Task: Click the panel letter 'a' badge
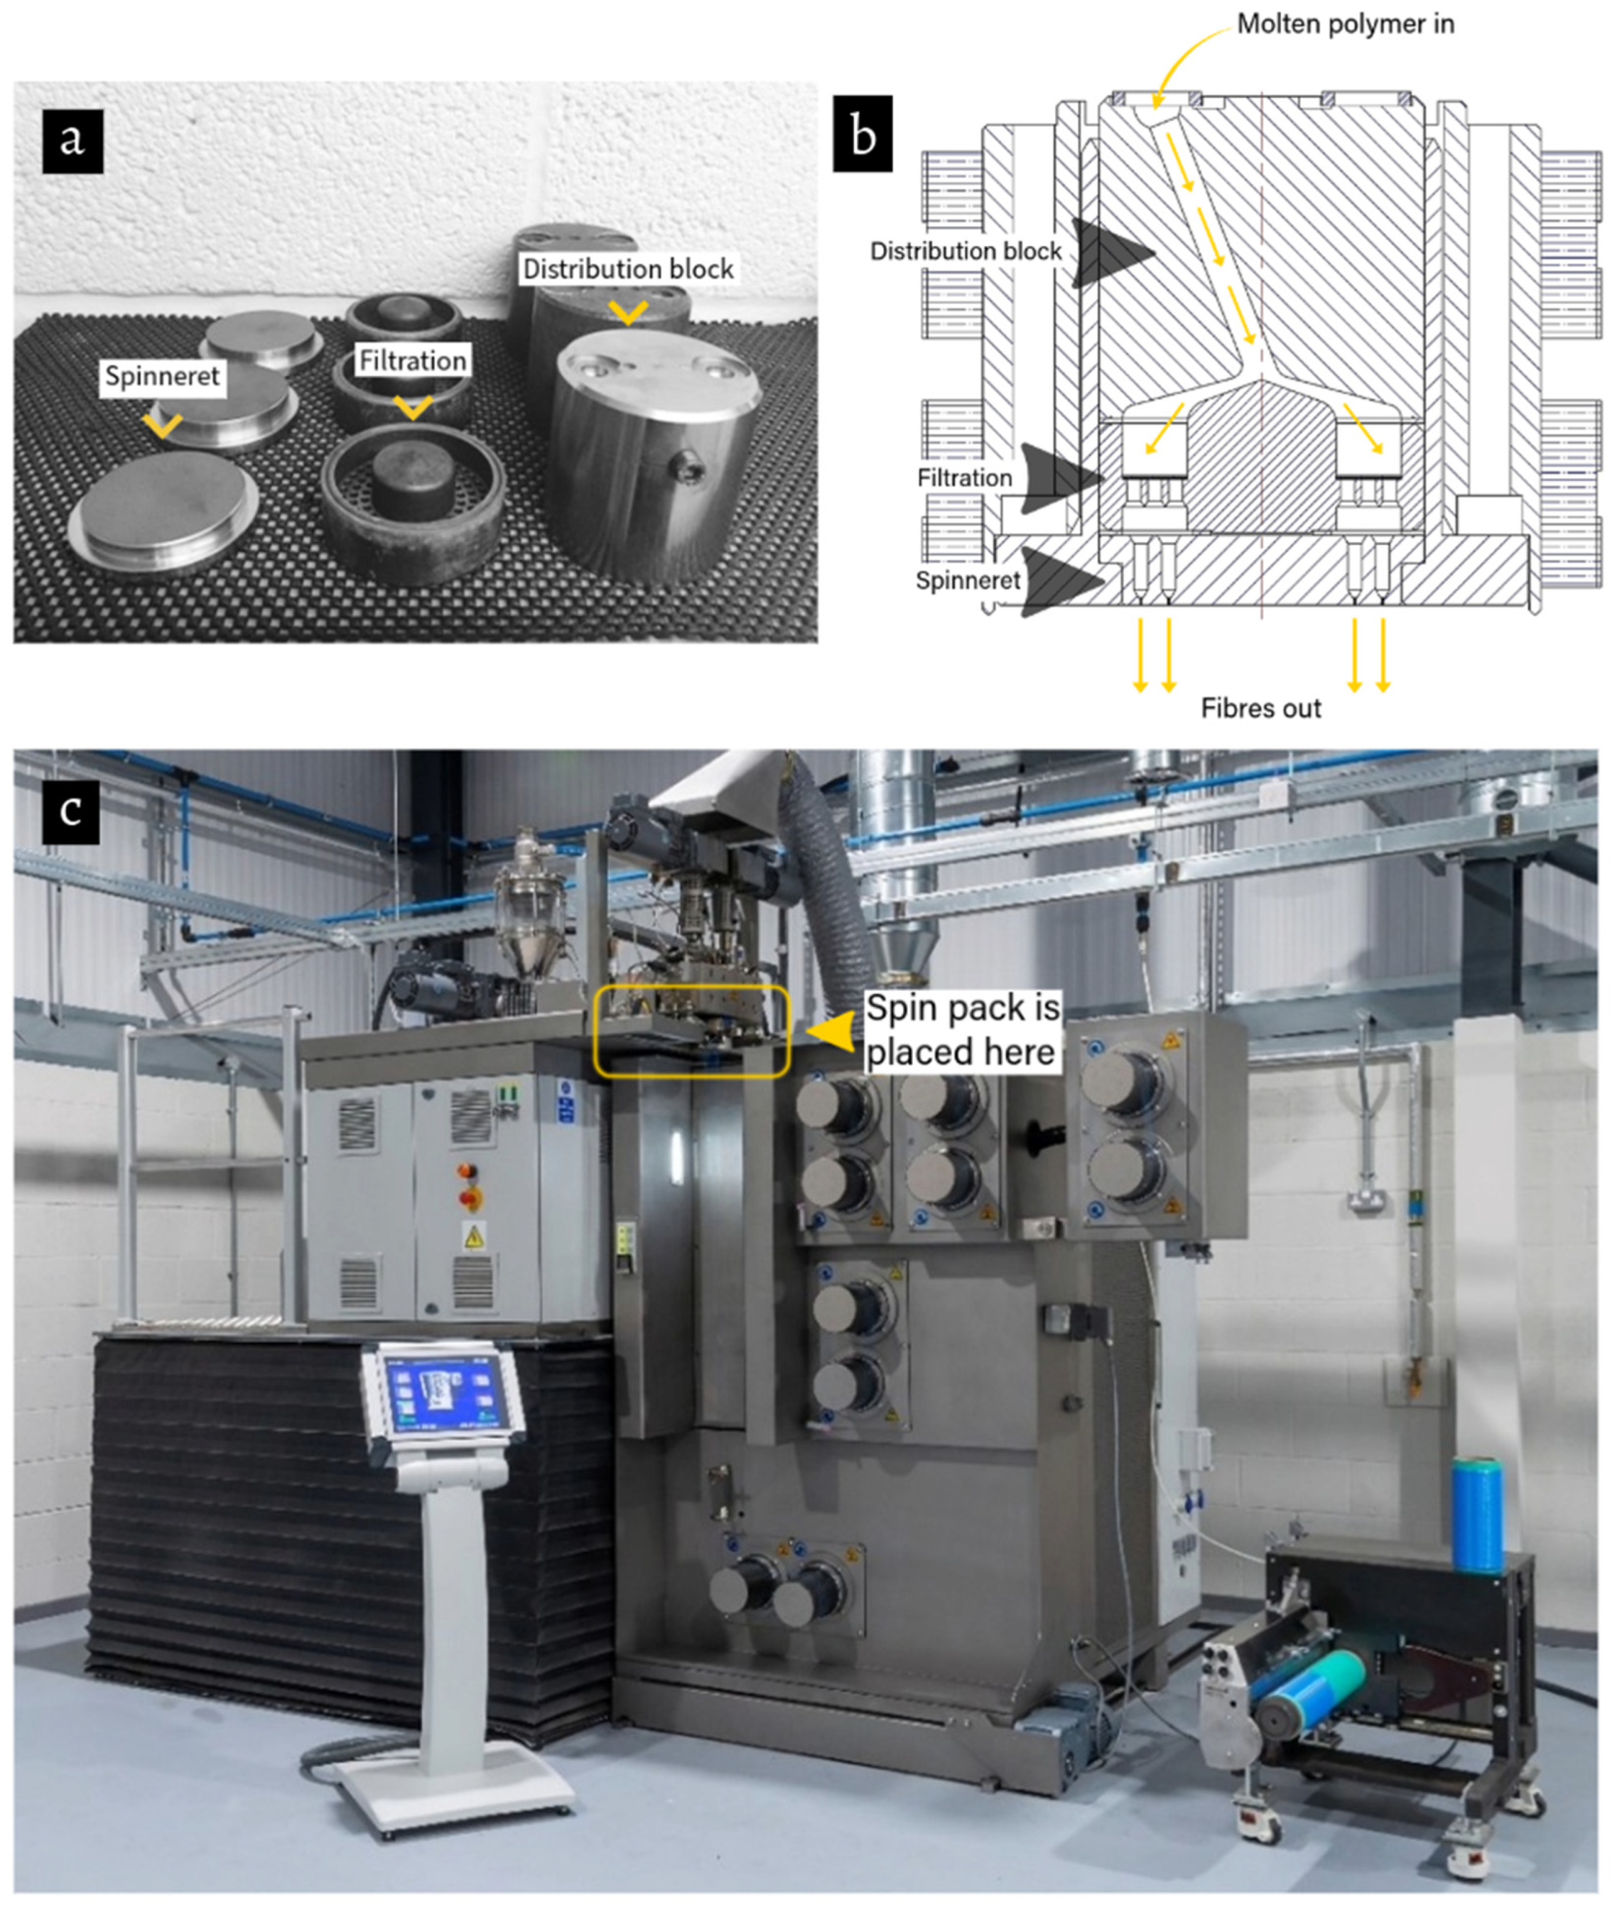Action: click(x=72, y=140)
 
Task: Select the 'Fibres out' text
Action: click(x=1261, y=708)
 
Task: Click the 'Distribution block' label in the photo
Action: click(x=628, y=269)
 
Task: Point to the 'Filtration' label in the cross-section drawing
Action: click(x=964, y=478)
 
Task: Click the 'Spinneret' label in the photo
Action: click(x=162, y=376)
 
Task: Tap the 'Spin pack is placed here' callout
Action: click(x=962, y=1030)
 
